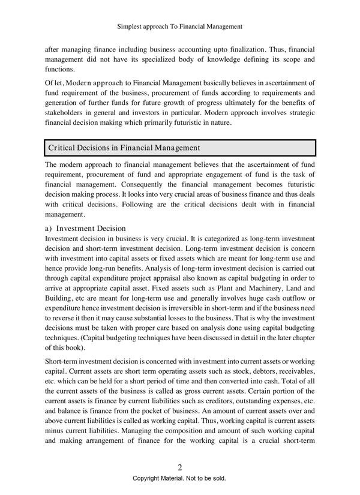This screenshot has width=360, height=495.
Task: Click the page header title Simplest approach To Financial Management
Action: (180, 26)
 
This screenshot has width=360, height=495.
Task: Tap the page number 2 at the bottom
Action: (179, 467)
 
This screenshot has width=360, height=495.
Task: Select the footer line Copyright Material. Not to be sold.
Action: (179, 479)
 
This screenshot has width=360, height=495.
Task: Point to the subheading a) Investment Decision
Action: (85, 228)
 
